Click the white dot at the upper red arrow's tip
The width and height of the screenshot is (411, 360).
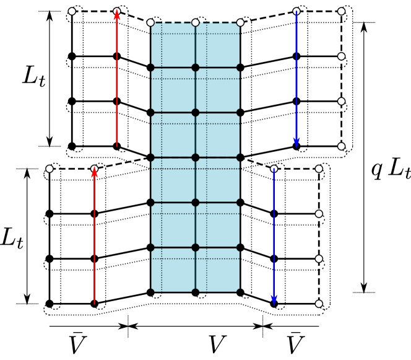117,11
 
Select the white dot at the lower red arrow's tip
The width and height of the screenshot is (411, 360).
94,169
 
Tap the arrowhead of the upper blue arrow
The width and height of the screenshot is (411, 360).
296,143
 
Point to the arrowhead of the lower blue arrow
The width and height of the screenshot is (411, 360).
274,300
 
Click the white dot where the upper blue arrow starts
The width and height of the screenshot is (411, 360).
296,11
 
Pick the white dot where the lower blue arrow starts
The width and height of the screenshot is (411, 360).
274,169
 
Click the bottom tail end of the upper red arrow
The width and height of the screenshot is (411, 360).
117,146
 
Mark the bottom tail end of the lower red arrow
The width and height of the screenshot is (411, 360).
94,304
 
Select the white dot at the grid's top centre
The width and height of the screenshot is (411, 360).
196,22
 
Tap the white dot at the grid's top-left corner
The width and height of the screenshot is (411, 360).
150,22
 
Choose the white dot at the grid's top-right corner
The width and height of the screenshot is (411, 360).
240,22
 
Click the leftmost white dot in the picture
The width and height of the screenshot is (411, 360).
50,169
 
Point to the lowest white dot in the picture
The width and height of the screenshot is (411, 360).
319,304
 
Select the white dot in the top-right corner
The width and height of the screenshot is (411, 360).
341,11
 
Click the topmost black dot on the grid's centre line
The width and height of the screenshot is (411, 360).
196,68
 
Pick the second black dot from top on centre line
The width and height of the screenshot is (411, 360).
196,113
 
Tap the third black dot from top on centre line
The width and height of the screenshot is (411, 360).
196,157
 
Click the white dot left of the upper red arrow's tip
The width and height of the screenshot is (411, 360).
72,11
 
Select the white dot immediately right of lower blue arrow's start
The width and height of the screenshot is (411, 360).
319,169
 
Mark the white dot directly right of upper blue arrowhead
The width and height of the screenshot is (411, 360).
341,146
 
